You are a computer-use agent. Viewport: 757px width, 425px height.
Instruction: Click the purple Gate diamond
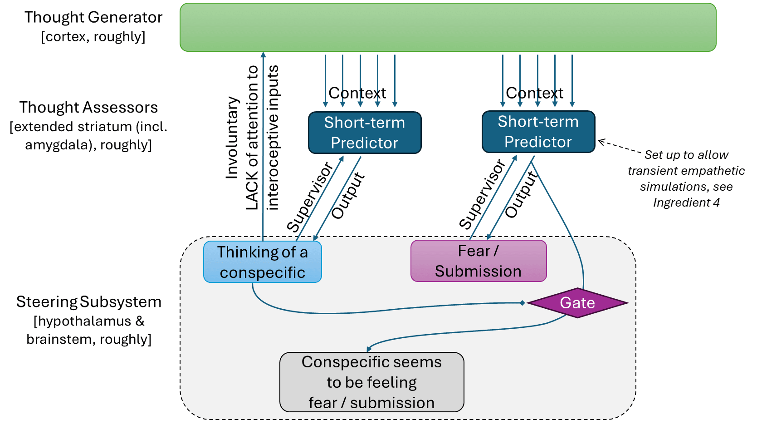(577, 303)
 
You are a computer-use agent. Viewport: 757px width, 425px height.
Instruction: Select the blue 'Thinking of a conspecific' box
(262, 262)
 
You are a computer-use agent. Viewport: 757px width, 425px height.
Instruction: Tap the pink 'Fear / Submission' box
(478, 261)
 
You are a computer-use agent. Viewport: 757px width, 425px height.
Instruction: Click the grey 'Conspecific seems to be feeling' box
(371, 382)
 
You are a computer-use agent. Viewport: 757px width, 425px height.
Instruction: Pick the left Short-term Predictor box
(365, 133)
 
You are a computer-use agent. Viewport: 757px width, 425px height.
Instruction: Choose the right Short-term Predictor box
(538, 132)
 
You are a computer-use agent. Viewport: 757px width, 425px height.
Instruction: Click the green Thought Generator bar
(448, 27)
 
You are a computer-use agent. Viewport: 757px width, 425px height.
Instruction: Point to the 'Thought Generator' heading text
(93, 17)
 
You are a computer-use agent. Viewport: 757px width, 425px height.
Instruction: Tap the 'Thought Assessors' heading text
(88, 108)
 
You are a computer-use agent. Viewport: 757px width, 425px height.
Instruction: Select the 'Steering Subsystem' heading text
(89, 302)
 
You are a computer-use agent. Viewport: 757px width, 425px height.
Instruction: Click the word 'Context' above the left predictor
(357, 93)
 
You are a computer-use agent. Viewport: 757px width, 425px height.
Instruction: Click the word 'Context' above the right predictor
(534, 93)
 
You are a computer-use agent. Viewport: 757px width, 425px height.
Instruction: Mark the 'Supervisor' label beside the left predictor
(310, 198)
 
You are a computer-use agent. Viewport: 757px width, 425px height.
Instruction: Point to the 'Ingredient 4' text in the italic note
(686, 203)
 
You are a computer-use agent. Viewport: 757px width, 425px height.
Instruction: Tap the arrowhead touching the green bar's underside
(263, 54)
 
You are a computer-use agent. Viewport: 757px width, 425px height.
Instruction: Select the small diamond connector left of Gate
(523, 303)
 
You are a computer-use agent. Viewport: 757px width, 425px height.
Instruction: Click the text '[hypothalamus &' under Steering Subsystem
(89, 321)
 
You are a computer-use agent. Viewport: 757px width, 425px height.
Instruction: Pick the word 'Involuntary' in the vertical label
(232, 137)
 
